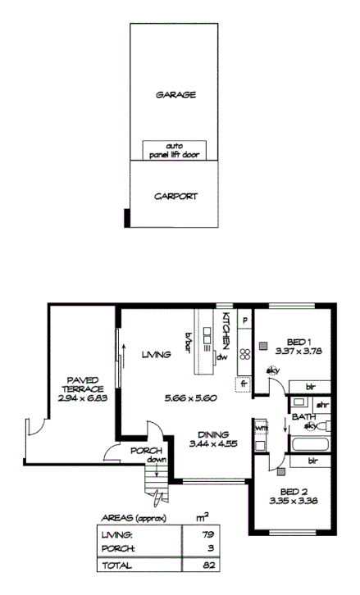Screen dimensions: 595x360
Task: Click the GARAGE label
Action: tap(175, 95)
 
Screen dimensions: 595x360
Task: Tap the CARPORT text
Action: tap(175, 198)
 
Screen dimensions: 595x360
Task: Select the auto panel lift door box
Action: tap(175, 149)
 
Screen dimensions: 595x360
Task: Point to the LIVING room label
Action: tap(155, 355)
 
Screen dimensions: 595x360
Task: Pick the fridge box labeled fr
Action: tap(244, 384)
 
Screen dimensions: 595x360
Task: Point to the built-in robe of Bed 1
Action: tap(308, 385)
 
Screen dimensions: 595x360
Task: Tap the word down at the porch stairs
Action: tap(156, 461)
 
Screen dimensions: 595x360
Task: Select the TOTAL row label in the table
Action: tap(112, 565)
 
